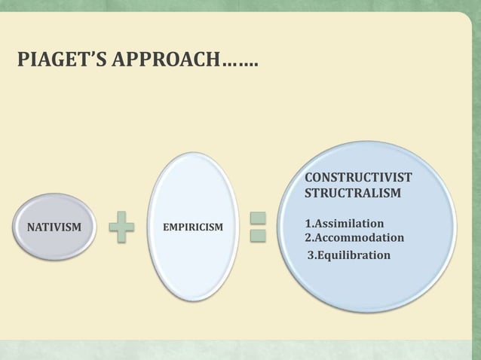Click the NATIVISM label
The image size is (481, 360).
[54, 225]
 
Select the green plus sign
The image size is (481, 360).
[121, 227]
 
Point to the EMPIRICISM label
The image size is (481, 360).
[193, 225]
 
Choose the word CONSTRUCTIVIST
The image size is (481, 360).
[357, 177]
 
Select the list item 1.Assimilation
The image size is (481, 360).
[344, 224]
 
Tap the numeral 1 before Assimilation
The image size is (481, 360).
[307, 224]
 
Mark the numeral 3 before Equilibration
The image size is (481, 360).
[310, 255]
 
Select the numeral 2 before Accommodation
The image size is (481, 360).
[308, 238]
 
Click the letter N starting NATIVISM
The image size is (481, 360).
[31, 225]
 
